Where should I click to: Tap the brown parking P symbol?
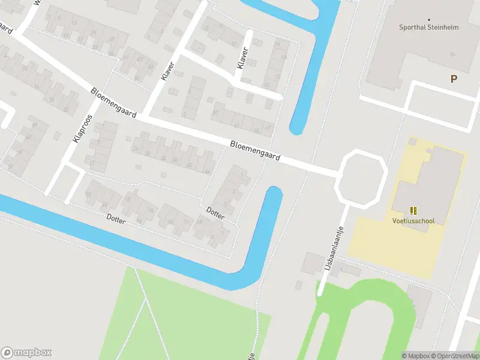[x=454, y=79]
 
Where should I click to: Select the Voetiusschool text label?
[x=413, y=220]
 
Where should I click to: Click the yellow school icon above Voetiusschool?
[x=413, y=210]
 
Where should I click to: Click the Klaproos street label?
[x=83, y=128]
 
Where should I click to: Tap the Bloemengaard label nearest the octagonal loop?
[x=256, y=151]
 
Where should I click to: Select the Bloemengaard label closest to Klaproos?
[x=113, y=102]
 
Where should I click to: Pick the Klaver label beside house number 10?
[x=242, y=58]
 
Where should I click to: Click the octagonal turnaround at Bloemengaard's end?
[x=362, y=178]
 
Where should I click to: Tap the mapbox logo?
[x=26, y=353]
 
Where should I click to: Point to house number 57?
[x=215, y=113]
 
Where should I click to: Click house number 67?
[x=268, y=128]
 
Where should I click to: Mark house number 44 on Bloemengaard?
[x=207, y=171]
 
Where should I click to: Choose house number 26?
[x=136, y=149]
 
